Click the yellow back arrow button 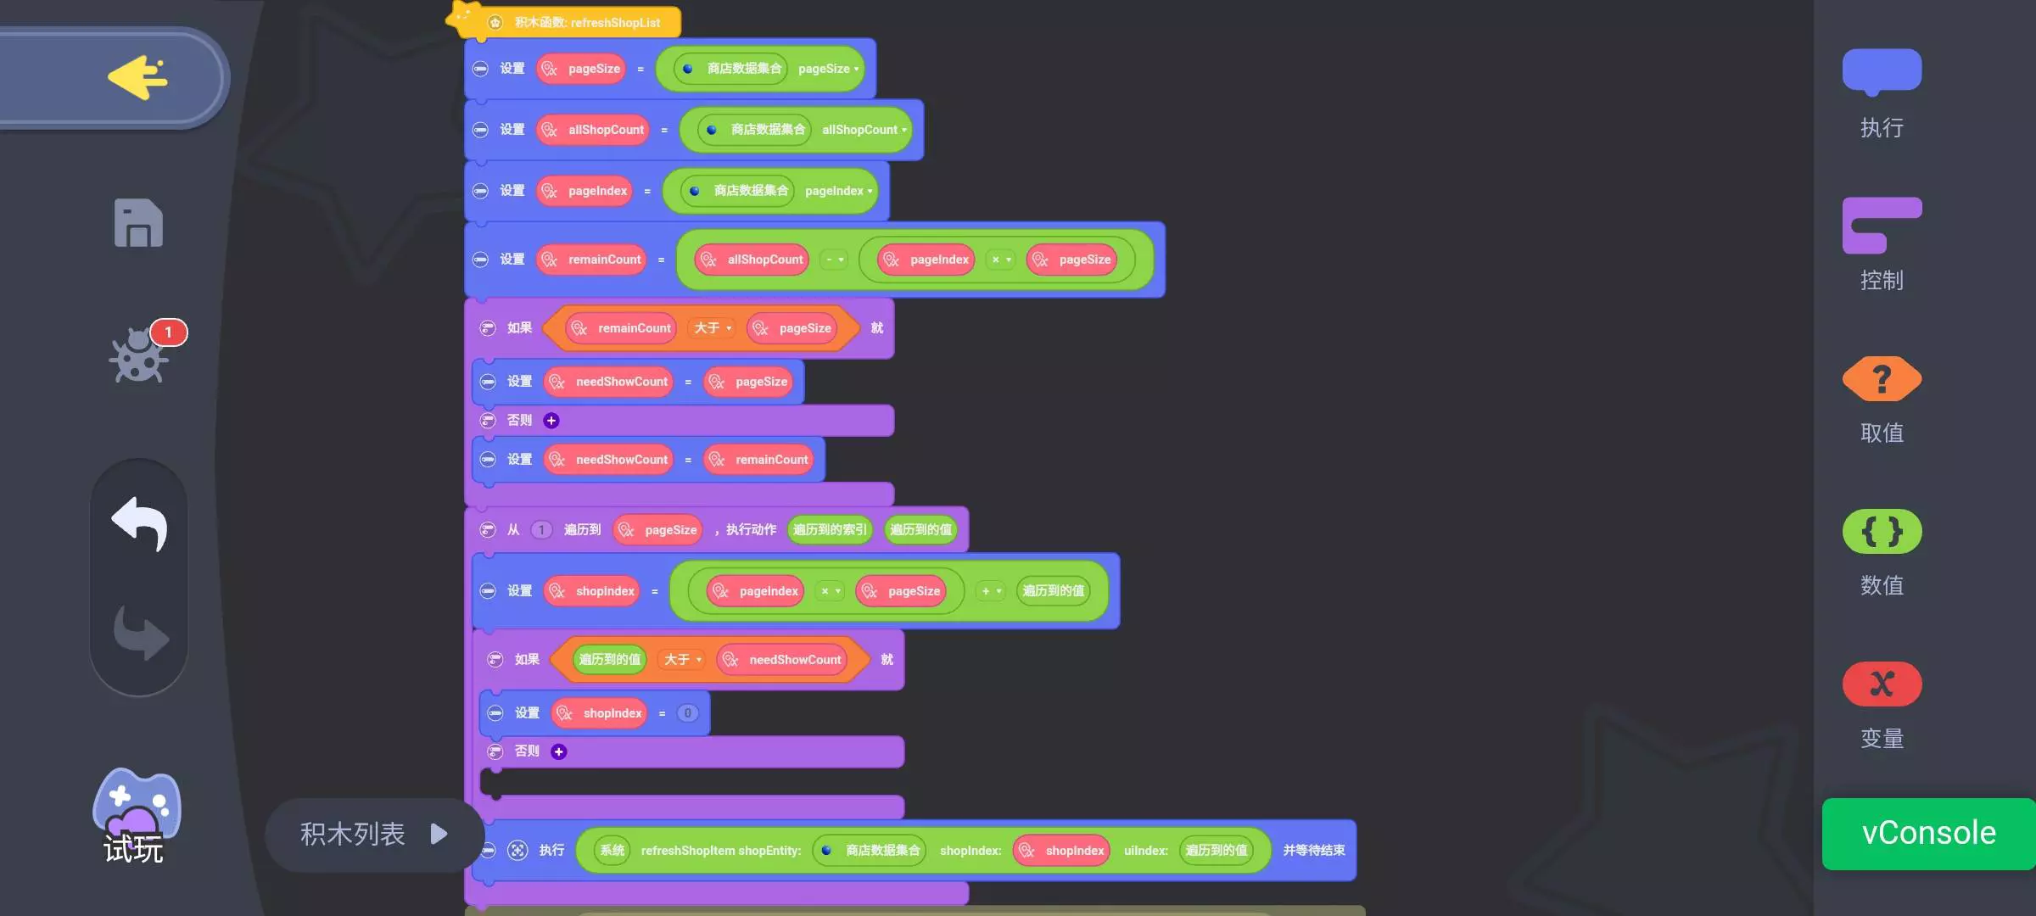[x=137, y=78]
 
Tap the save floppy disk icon [x=138, y=224]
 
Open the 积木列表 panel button [x=373, y=835]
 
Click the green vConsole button [x=1927, y=834]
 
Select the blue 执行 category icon [x=1882, y=71]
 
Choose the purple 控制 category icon [x=1882, y=226]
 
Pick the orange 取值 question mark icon [x=1882, y=379]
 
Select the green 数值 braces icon [x=1882, y=532]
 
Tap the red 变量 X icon [x=1882, y=684]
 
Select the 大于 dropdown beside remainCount [x=712, y=328]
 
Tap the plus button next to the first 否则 [x=551, y=421]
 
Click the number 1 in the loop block [x=541, y=530]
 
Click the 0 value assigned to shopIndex [x=687, y=713]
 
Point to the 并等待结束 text [x=1313, y=851]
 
